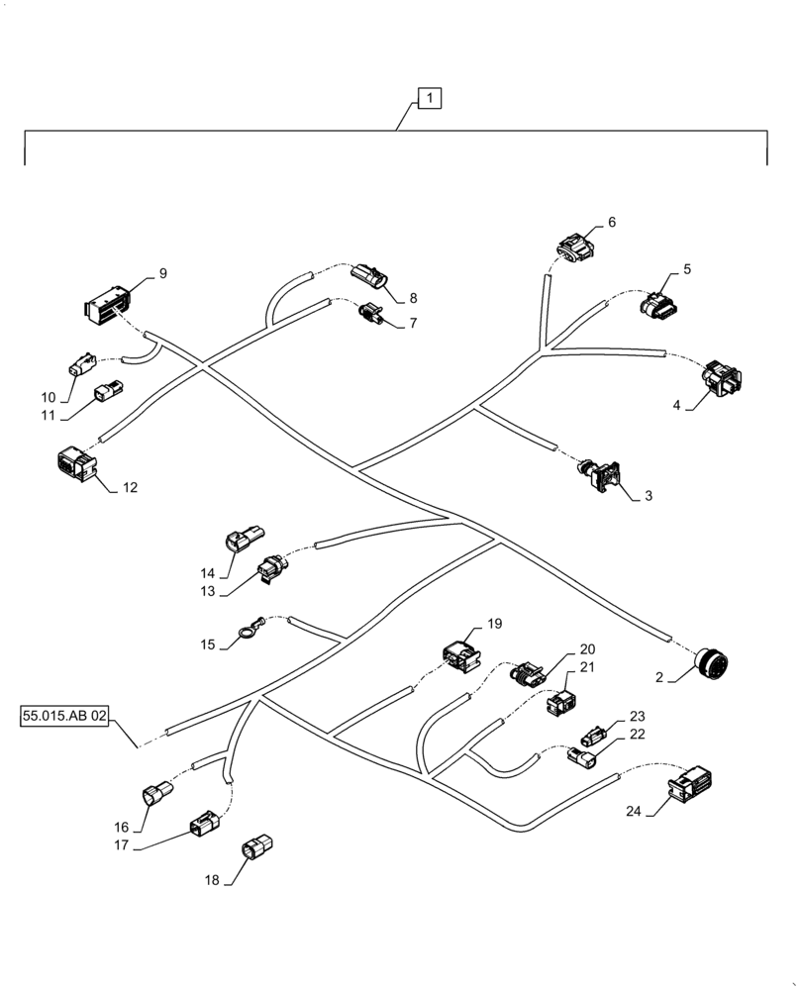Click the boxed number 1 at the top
(430, 98)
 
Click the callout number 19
(494, 624)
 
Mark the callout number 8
(413, 297)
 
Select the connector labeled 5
(659, 304)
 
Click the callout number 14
(208, 572)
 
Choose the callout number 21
(587, 667)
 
